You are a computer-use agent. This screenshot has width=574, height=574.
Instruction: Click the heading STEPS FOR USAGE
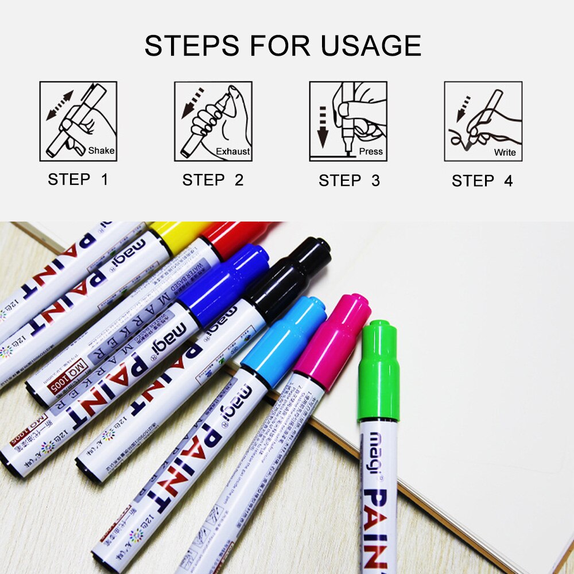[282, 46]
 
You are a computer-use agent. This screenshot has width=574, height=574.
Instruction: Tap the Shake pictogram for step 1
[78, 121]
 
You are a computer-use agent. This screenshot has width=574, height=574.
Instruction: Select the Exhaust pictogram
[213, 121]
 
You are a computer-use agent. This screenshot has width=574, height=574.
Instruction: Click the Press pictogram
[348, 121]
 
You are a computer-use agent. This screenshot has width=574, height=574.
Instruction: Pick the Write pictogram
[483, 121]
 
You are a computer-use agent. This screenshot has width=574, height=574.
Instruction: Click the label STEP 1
[78, 180]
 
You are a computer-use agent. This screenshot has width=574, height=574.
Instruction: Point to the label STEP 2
[213, 180]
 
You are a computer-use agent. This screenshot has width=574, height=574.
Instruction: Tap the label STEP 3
[349, 181]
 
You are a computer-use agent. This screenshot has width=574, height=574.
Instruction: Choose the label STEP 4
[482, 181]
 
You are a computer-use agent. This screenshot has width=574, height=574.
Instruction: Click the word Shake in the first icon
[102, 151]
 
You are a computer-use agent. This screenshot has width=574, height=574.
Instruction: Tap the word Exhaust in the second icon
[233, 152]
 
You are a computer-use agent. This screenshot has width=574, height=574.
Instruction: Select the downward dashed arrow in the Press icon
[322, 124]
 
